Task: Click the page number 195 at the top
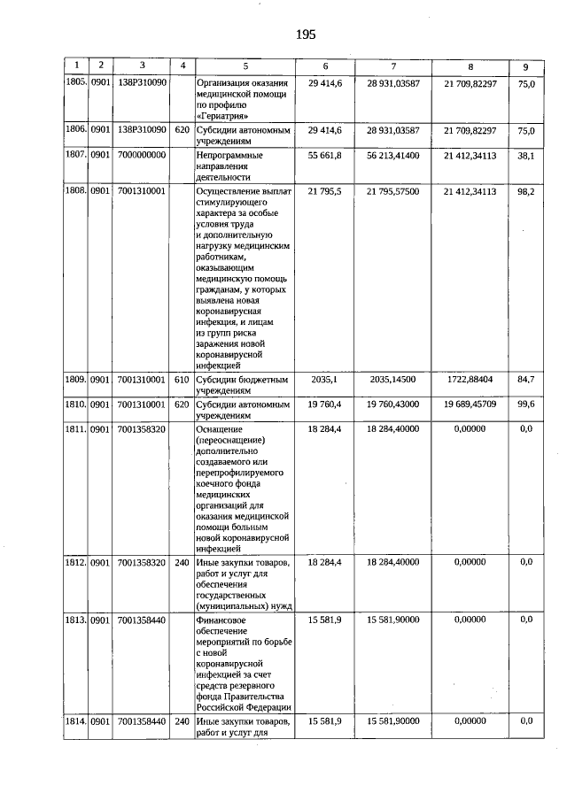pyautogui.click(x=305, y=35)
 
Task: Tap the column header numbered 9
pyautogui.click(x=525, y=65)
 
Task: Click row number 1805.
pyautogui.click(x=75, y=81)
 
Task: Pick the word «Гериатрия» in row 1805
pyautogui.click(x=220, y=115)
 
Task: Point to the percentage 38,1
pyautogui.click(x=525, y=154)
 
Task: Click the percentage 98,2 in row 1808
pyautogui.click(x=525, y=190)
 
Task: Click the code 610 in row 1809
pyautogui.click(x=182, y=380)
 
